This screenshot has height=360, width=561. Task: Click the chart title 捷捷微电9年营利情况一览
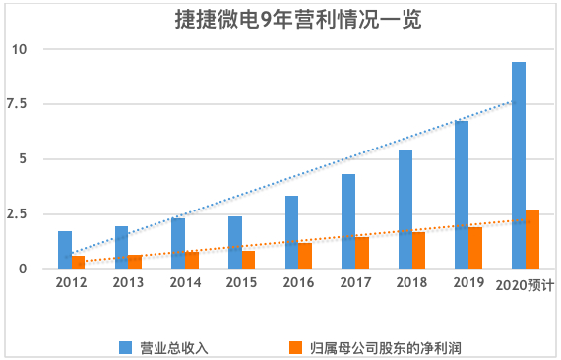[x=281, y=19]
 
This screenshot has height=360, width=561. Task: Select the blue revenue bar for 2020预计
[x=518, y=165]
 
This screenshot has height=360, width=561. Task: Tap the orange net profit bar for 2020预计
[x=532, y=239]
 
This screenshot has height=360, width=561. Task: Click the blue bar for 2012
[x=65, y=250]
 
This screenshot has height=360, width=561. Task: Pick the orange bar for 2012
[x=79, y=262]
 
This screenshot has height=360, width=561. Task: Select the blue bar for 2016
[x=291, y=232]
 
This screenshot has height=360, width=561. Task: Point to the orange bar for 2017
[x=362, y=253]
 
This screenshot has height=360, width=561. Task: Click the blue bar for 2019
[x=462, y=195]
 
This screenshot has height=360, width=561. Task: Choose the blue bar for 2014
[x=178, y=243]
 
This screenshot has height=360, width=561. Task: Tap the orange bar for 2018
[x=419, y=250]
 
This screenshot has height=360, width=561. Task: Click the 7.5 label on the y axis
[x=20, y=104]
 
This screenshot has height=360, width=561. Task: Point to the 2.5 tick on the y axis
[x=20, y=214]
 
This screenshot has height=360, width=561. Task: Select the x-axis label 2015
[x=241, y=282]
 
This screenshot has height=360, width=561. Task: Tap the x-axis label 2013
[x=128, y=282]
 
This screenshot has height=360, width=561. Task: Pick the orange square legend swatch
[x=294, y=347]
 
